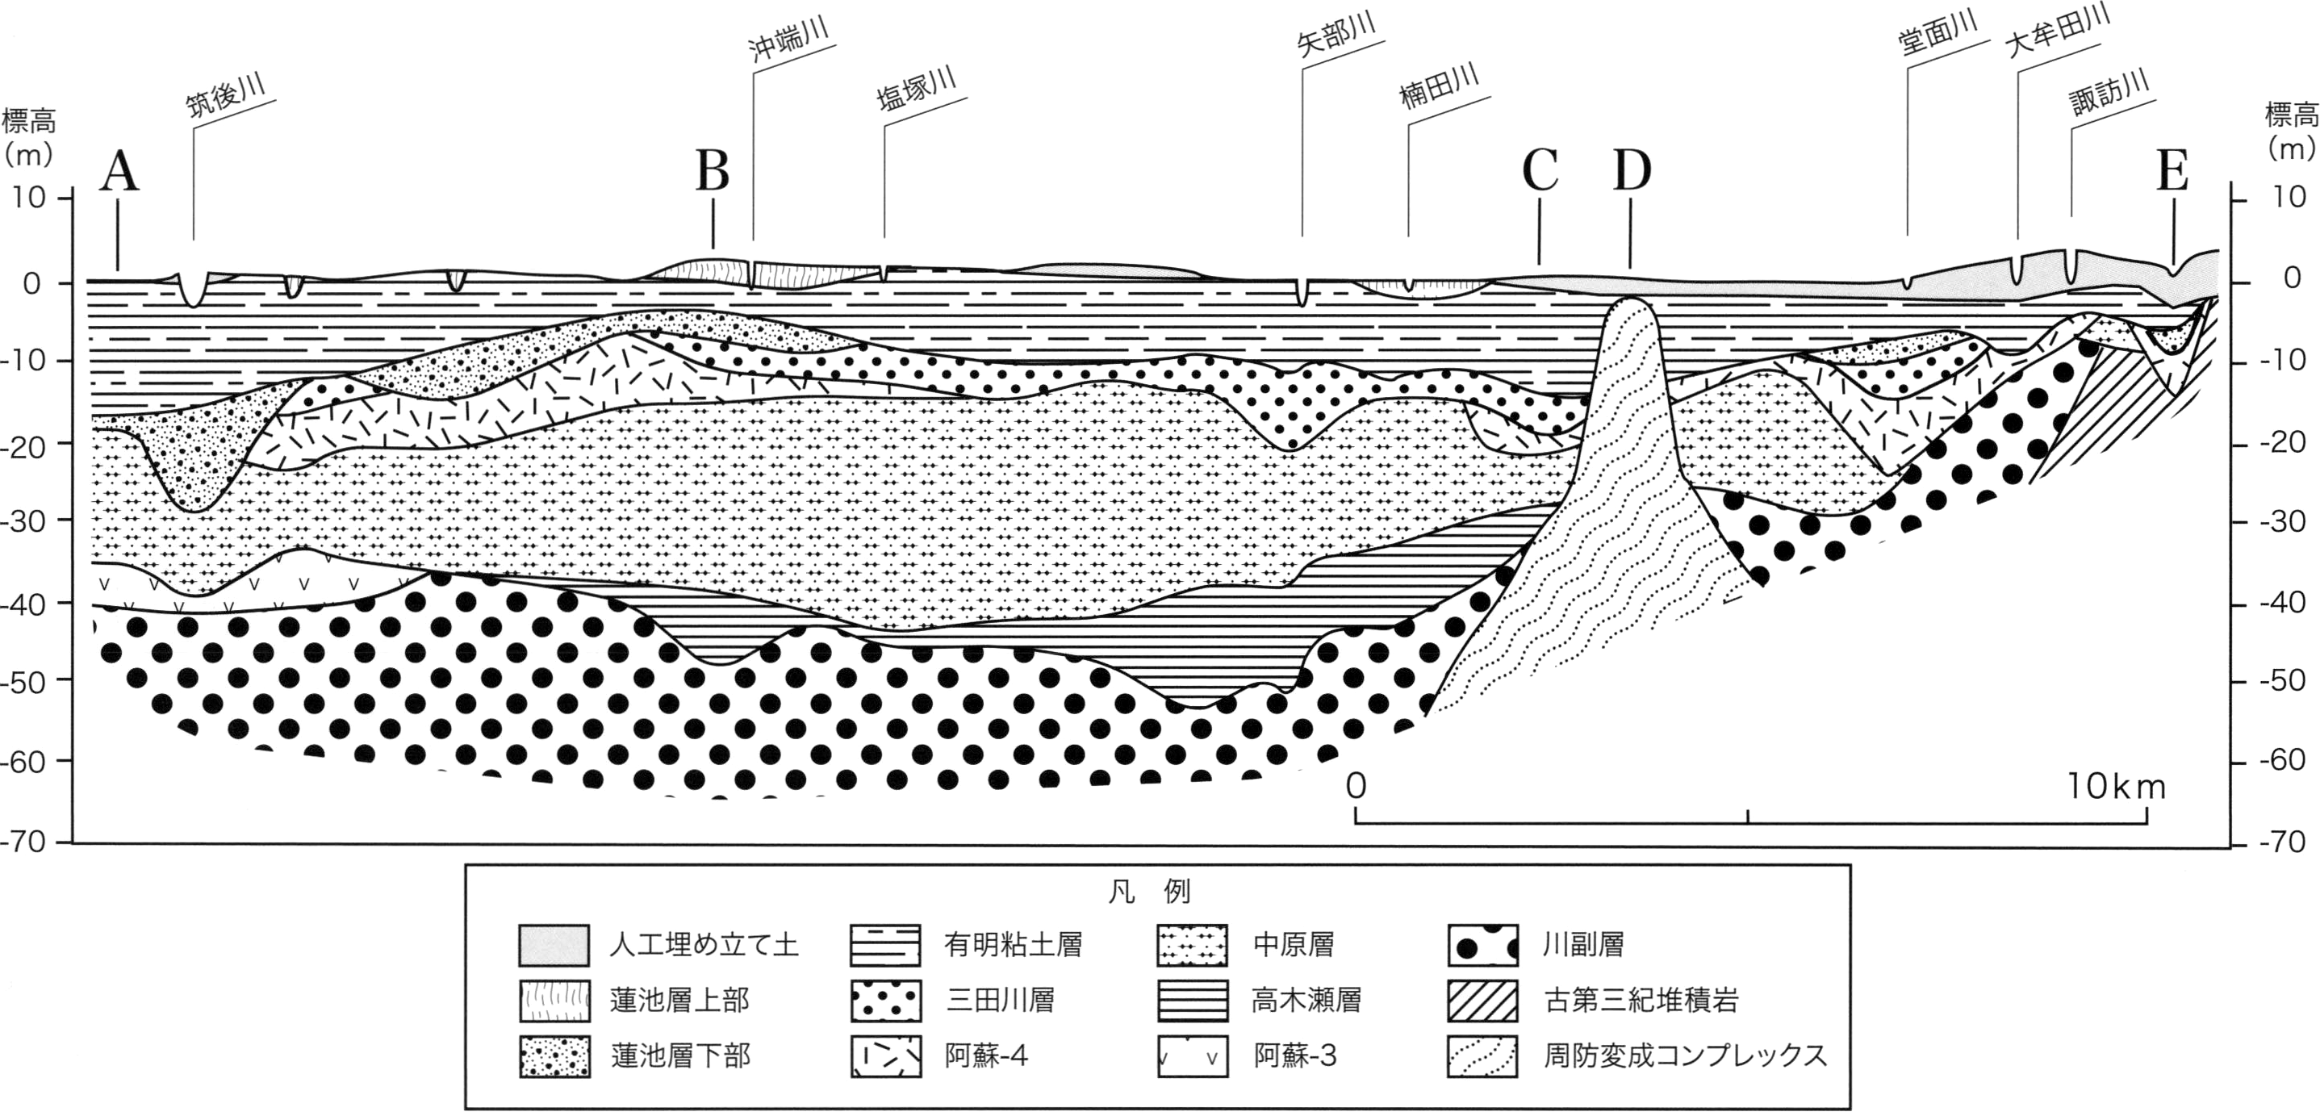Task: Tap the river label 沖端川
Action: [x=788, y=37]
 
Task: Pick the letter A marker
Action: [x=119, y=172]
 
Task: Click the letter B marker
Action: [x=713, y=170]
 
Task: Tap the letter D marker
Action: [x=1632, y=170]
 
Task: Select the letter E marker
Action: [x=2173, y=170]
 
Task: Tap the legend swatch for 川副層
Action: [x=1483, y=945]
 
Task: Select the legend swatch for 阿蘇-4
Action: [x=886, y=1056]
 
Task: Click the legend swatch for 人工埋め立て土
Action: [x=555, y=945]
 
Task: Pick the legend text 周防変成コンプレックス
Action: [x=1686, y=1055]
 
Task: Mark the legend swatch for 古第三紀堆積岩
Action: [x=1483, y=1001]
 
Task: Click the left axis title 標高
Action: [x=29, y=119]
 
